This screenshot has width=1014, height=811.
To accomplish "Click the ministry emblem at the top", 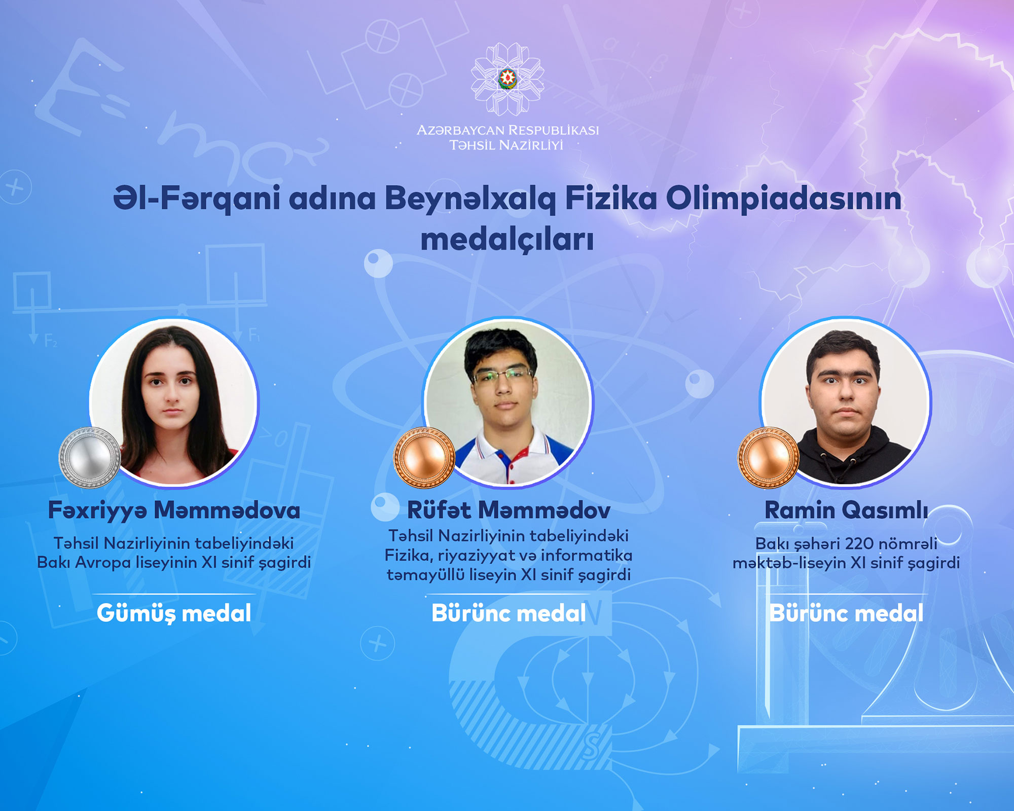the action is (x=508, y=79).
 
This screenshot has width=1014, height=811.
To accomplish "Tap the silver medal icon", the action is (x=90, y=458).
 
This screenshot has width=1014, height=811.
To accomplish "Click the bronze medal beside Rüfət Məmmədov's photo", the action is (x=424, y=458).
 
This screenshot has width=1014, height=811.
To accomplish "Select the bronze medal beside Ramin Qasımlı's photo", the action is (x=768, y=458).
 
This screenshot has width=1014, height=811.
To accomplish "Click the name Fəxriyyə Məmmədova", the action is (x=174, y=510).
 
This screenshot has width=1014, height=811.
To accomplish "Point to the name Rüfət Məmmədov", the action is (x=509, y=510).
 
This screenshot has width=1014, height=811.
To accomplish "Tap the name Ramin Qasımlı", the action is (x=846, y=510).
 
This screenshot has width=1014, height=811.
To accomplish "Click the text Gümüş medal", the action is (x=174, y=613).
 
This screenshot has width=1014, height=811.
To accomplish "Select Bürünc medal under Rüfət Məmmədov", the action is (x=509, y=613).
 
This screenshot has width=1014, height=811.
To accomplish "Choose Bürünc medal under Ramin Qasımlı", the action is (x=846, y=613).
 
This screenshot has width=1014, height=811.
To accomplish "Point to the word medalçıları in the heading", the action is (x=507, y=240).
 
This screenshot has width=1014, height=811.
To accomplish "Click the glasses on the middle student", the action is (x=502, y=375).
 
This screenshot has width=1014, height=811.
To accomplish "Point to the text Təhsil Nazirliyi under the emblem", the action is (x=506, y=145).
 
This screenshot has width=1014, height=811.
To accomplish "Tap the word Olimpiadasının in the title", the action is (x=784, y=199).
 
